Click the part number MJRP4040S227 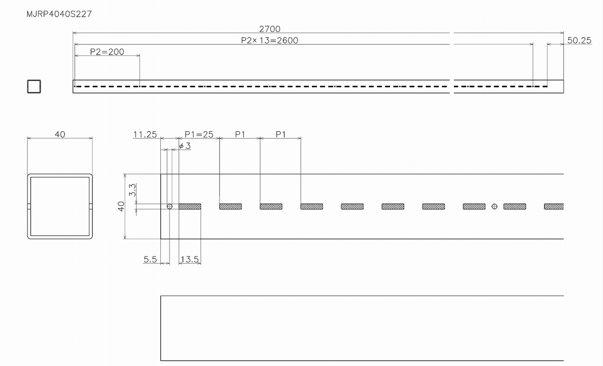pyautogui.click(x=59, y=14)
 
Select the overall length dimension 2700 pyautogui.click(x=269, y=29)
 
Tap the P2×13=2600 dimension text pyautogui.click(x=269, y=41)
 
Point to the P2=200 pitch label pyautogui.click(x=107, y=52)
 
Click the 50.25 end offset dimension pyautogui.click(x=579, y=41)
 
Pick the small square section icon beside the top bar pyautogui.click(x=34, y=87)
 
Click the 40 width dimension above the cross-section pyautogui.click(x=60, y=134)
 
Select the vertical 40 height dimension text pyautogui.click(x=121, y=206)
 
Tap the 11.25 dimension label pyautogui.click(x=145, y=134)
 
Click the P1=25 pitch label pyautogui.click(x=199, y=134)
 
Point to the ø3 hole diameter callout pyautogui.click(x=185, y=146)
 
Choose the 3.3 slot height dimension pyautogui.click(x=132, y=190)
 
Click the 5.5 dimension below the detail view pyautogui.click(x=150, y=259)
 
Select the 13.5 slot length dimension pyautogui.click(x=190, y=259)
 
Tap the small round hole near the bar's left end pyautogui.click(x=169, y=206)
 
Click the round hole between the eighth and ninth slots pyautogui.click(x=494, y=206)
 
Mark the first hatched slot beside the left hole pyautogui.click(x=190, y=206)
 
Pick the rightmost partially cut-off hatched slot pyautogui.click(x=554, y=206)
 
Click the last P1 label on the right pyautogui.click(x=280, y=134)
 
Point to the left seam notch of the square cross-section pyautogui.click(x=29, y=206)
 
